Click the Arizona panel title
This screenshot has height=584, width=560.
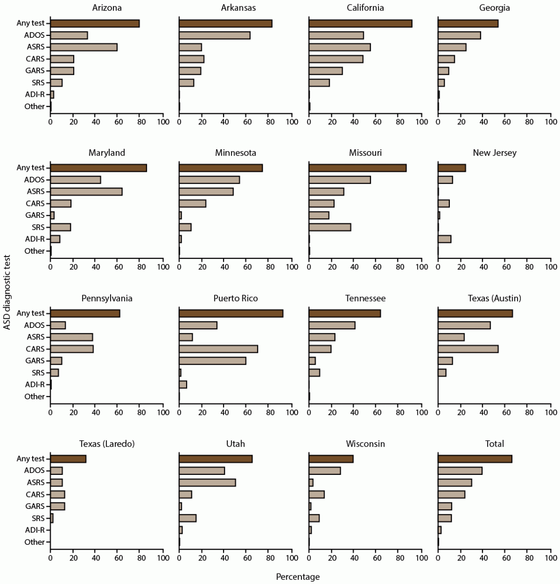(106, 8)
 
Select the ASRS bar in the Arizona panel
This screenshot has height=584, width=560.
(84, 47)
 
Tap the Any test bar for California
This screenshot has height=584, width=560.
(360, 24)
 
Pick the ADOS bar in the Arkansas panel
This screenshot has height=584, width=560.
(215, 35)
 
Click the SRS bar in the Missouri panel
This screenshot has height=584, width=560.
(329, 227)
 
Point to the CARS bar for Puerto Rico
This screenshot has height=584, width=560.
(218, 349)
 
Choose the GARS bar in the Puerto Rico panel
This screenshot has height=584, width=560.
(212, 361)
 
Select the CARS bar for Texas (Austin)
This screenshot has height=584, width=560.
(468, 349)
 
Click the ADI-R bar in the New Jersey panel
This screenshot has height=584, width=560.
(444, 239)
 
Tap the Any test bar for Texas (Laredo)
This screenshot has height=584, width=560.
(68, 459)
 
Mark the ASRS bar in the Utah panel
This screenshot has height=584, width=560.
(207, 482)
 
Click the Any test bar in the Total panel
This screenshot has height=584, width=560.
(474, 459)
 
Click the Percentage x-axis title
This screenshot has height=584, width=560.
(298, 577)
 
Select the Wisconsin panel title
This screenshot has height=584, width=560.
(365, 444)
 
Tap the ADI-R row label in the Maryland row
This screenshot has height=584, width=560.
(34, 239)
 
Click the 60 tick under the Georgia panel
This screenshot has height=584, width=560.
(506, 122)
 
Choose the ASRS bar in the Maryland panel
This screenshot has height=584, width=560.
(86, 191)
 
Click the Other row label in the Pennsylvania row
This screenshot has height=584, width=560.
(34, 396)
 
